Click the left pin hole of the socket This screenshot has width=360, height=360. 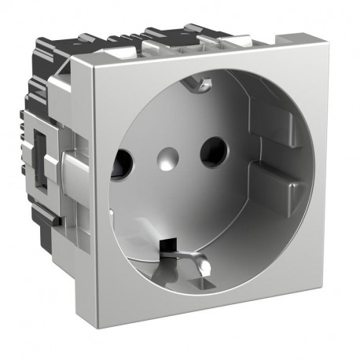[122, 163]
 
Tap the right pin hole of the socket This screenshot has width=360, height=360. [211, 151]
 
